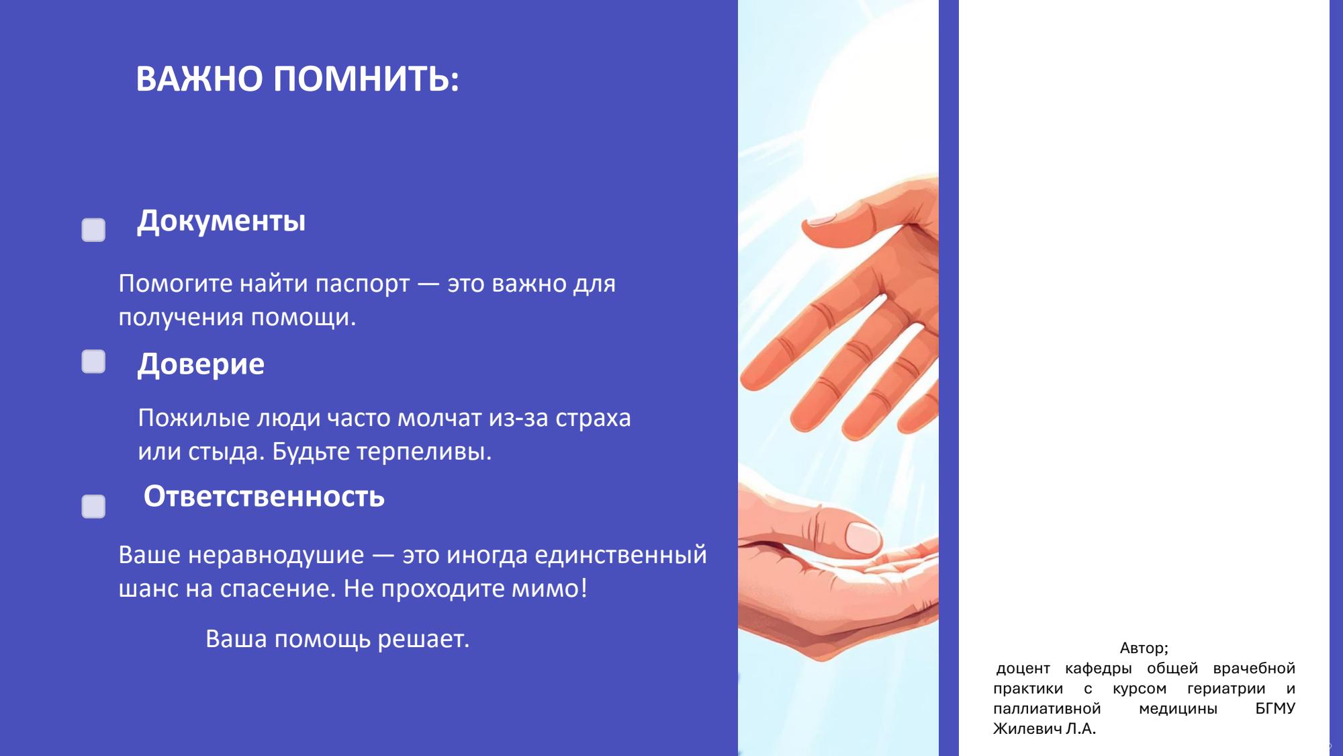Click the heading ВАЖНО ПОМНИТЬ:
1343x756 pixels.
coord(297,79)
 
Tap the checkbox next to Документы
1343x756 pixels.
coord(93,230)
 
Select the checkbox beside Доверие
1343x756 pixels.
coord(93,362)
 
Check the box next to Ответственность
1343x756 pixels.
coord(93,507)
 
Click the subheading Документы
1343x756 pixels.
coord(222,221)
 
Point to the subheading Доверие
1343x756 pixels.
coord(201,364)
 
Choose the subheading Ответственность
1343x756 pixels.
coord(264,497)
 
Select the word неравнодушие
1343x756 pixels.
coord(276,556)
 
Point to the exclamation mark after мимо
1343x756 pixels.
coord(584,588)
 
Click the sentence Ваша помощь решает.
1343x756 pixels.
coord(337,639)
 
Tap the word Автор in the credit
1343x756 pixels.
coord(1142,648)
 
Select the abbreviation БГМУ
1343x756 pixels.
coord(1275,708)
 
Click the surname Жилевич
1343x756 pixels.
coord(1027,728)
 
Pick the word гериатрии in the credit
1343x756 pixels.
coord(1226,689)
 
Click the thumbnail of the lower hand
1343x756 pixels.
coord(862,536)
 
